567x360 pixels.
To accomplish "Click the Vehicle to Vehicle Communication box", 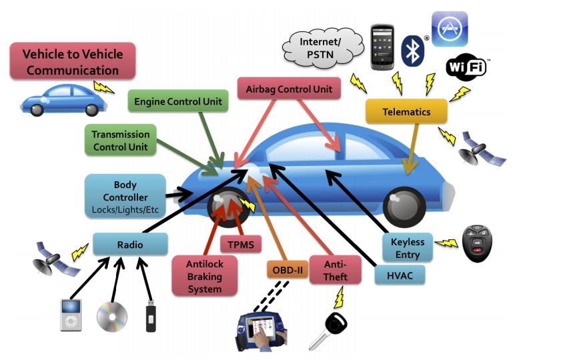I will pos(72,61).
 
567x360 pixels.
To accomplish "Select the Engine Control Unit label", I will pos(177,102).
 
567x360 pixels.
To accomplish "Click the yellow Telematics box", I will pos(406,112).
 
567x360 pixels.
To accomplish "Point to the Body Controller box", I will pos(125,196).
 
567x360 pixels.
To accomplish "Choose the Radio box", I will pos(130,245).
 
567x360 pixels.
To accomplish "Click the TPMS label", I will pos(241,243).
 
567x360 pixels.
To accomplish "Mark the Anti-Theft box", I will pos(335,271).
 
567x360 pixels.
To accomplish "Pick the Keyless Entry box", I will pos(408,247).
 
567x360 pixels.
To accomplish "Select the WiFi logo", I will pos(466,68).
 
